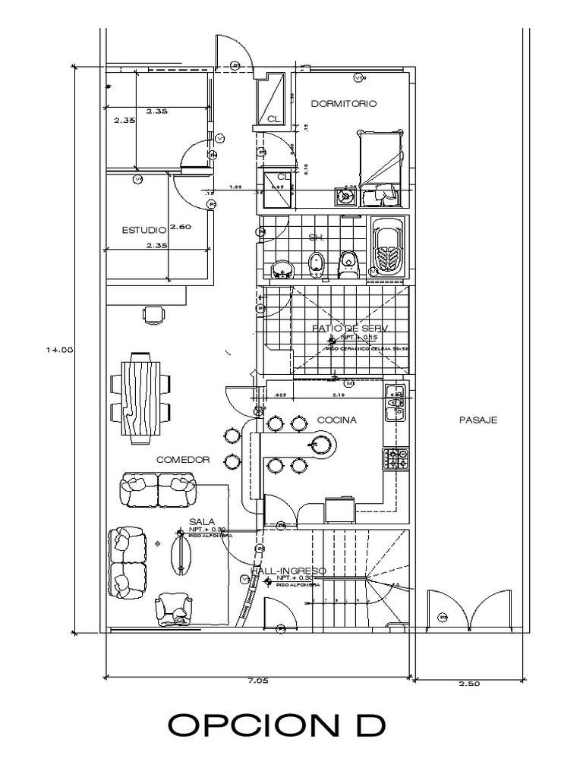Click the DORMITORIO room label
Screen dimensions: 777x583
pos(344,105)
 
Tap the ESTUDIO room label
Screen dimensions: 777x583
pos(143,229)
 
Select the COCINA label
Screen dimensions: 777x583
pos(336,420)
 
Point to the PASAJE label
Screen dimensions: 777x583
pos(478,420)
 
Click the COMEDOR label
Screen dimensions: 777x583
pos(182,460)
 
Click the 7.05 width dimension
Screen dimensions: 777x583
pos(258,681)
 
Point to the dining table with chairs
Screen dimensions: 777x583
pos(143,398)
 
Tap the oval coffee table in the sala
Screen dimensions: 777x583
pos(183,552)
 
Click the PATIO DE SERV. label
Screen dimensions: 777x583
pos(350,328)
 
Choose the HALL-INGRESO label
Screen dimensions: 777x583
pos(291,571)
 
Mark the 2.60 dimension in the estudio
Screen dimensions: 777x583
pos(180,227)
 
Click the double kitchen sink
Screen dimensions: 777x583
pos(395,403)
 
